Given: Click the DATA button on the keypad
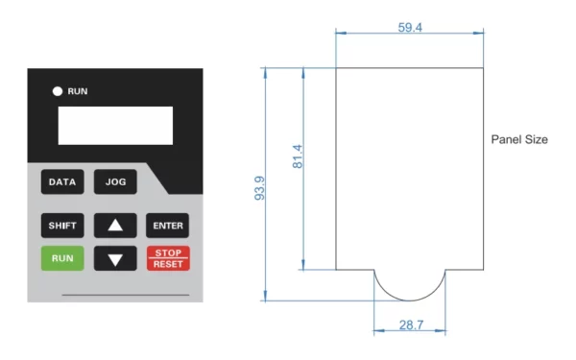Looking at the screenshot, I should coord(61,180).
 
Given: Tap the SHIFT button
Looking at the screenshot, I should coord(61,227).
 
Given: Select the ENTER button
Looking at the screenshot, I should coord(167,227).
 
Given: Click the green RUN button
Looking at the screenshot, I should coord(61,257).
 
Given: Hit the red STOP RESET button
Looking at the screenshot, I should coord(167,257).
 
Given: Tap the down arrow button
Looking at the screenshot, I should coord(115,258).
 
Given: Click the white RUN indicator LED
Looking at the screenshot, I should coord(57,91).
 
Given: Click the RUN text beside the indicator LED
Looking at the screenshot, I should coord(77,91).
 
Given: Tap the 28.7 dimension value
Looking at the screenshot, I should coord(410,325).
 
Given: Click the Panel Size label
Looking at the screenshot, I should coord(519,139).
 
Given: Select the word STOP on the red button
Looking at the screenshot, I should coord(167,252).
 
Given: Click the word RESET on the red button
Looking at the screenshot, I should coord(167,263).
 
